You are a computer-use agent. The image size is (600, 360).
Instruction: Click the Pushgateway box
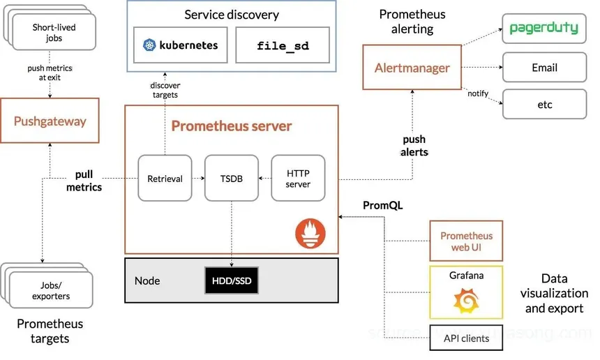tap(50, 121)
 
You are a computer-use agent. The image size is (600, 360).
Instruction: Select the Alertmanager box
tap(412, 68)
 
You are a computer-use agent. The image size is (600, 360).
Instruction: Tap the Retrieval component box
tap(165, 179)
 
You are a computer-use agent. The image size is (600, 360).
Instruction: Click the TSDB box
tap(231, 179)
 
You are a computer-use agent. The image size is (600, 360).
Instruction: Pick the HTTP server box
tap(298, 179)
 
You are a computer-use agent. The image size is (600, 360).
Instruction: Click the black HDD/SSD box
tap(231, 280)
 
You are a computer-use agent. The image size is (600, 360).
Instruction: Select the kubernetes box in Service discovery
tap(180, 45)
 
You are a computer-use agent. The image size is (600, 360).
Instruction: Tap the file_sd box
tap(282, 46)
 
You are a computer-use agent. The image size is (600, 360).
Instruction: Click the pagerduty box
tap(543, 29)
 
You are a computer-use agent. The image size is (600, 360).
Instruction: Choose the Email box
tap(543, 68)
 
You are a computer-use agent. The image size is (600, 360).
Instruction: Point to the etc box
tap(543, 105)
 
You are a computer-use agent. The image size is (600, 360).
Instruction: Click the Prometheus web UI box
tap(465, 241)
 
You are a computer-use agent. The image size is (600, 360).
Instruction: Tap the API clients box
tap(465, 338)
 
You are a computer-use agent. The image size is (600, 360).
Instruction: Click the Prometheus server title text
tap(232, 126)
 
